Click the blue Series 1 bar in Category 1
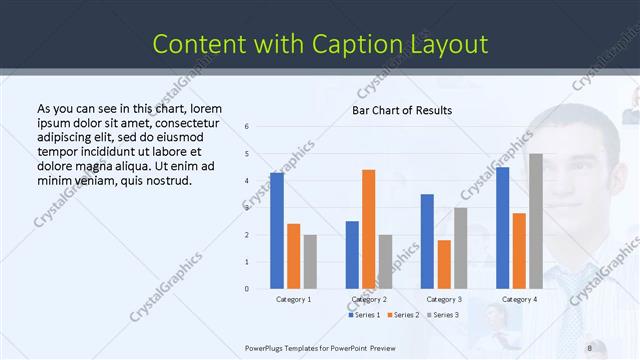click(277, 231)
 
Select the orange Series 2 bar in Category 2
click(368, 229)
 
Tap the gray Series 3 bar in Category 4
click(535, 221)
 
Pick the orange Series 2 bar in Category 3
click(444, 264)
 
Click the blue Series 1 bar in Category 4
click(503, 228)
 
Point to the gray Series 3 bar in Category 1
click(310, 262)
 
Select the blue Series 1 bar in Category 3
click(427, 241)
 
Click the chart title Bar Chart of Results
click(402, 110)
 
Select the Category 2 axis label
click(369, 299)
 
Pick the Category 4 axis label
click(519, 299)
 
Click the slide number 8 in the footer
click(589, 348)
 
